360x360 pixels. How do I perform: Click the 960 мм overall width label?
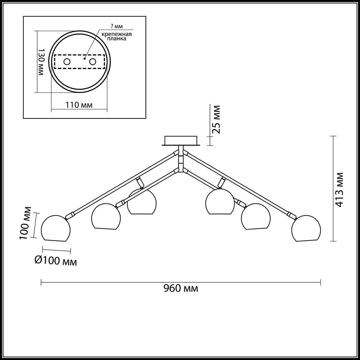[x=181, y=289]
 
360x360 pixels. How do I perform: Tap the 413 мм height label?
[x=340, y=190]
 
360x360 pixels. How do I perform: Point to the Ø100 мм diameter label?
[x=56, y=261]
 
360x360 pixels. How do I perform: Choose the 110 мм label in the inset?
[x=79, y=105]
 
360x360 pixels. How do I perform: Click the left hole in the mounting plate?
[x=67, y=62]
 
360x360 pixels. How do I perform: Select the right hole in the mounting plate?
[x=93, y=62]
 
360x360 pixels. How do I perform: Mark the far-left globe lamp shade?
[x=56, y=229]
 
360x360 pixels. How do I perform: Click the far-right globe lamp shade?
[x=306, y=229]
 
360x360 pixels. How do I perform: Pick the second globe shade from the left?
[x=106, y=217]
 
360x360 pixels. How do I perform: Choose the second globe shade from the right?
[x=256, y=217]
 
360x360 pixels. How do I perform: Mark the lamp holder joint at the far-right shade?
[x=291, y=215]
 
